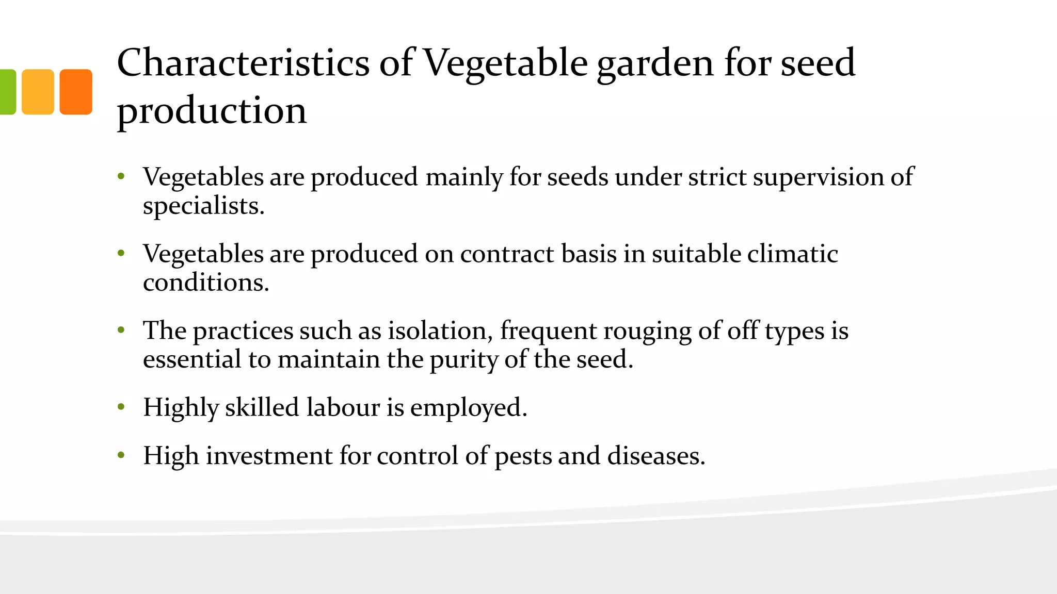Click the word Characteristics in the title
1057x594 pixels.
pos(243,63)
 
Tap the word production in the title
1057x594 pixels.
pos(212,110)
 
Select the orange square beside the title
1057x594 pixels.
pos(76,92)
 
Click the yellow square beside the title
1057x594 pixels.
pos(38,92)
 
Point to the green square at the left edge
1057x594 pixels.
pos(7,92)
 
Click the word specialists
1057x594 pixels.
pos(203,206)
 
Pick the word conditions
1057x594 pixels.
pos(205,283)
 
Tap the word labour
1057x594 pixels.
pos(343,407)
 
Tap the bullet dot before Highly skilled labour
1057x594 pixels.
pos(121,407)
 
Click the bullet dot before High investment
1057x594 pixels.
pos(121,455)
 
